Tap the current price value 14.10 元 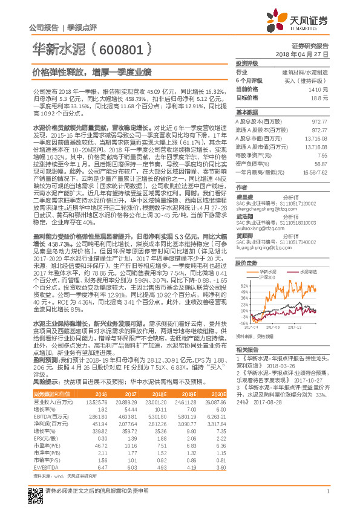(x=322, y=89)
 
